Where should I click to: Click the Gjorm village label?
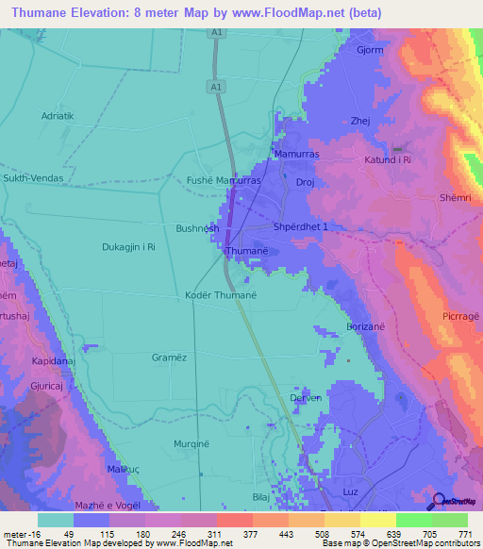370,49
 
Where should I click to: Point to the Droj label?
305,182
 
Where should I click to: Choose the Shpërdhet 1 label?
300,227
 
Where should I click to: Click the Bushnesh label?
197,228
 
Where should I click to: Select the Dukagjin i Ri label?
128,247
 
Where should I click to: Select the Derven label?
307,398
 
